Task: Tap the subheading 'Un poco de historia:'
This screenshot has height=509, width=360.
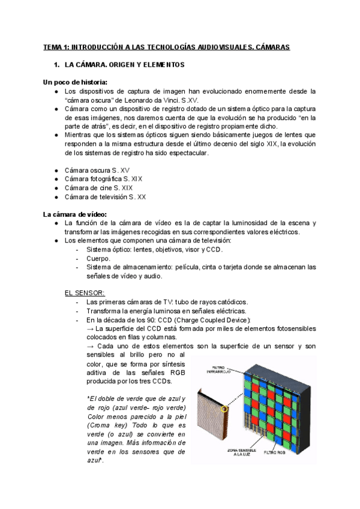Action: click(75, 82)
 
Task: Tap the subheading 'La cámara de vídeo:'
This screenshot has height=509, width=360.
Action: click(74, 214)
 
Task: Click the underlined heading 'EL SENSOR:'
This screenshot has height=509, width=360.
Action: click(84, 293)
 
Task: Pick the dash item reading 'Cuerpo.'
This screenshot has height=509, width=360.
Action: click(98, 258)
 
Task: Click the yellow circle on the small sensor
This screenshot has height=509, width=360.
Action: click(226, 409)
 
